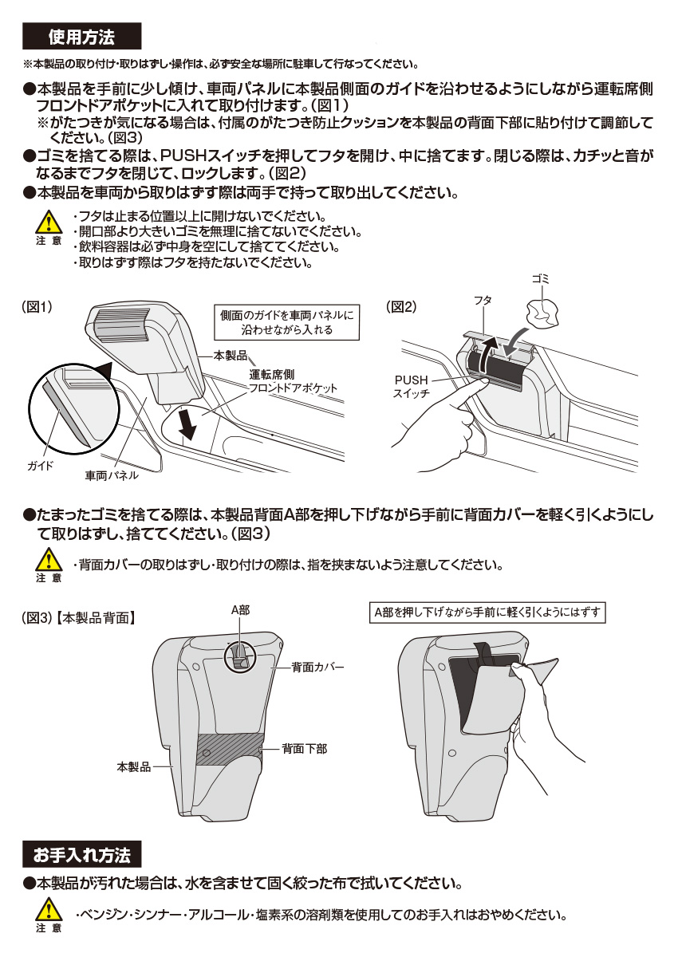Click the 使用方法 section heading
pos(81,37)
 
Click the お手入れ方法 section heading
pos(81,855)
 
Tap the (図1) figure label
pos(37,307)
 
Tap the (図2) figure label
pos(401,307)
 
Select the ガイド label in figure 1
pos(40,465)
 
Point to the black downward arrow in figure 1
pos(188,423)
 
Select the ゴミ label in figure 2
pos(541,280)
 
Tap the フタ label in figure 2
pos(483,300)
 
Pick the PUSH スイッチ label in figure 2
pos(411,387)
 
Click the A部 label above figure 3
pos(240,610)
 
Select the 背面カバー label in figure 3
pos(317,666)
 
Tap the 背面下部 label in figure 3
pos(304,749)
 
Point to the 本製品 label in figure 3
pos(133,766)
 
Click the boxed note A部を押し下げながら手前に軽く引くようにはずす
pos(489,612)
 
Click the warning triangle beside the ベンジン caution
pos(49,909)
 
